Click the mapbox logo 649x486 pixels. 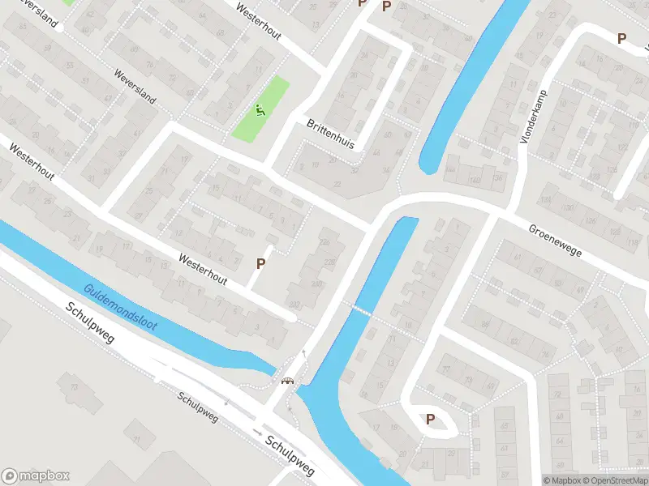point(35,475)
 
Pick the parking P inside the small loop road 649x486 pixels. point(430,420)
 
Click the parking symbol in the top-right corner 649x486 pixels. point(622,38)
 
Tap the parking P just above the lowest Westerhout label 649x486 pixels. point(261,263)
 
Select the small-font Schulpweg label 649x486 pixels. point(198,408)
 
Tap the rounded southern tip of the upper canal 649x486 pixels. point(428,168)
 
